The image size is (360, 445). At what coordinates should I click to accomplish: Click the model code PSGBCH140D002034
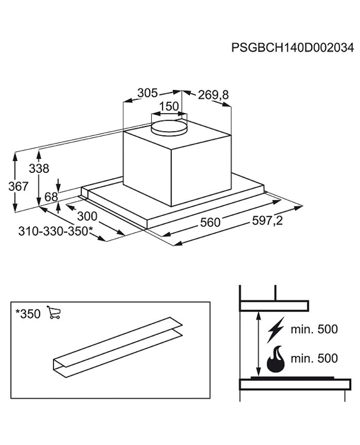[293, 48]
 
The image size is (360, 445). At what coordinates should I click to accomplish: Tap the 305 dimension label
[147, 93]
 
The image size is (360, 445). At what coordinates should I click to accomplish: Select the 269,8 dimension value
[213, 95]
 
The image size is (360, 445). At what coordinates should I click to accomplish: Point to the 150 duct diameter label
[169, 106]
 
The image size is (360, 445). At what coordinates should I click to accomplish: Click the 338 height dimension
[39, 169]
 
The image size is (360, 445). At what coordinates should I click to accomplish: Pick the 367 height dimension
[18, 186]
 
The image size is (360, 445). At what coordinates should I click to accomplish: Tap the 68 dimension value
[51, 197]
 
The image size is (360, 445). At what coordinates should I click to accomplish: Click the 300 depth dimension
[87, 217]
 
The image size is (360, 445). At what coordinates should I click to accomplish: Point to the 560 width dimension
[210, 222]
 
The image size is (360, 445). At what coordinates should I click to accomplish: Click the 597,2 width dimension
[267, 221]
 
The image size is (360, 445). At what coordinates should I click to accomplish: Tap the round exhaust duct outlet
[169, 127]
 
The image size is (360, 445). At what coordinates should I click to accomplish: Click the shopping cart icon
[53, 312]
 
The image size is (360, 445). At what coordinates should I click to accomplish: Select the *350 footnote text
[28, 314]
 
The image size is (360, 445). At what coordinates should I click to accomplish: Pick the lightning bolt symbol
[276, 330]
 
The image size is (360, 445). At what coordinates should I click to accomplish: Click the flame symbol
[276, 359]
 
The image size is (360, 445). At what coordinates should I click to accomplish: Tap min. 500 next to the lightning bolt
[314, 329]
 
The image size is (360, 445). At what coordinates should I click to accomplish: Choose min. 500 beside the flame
[314, 359]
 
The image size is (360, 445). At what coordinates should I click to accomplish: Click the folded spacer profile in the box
[118, 347]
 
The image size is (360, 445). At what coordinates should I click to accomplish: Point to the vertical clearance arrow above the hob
[258, 344]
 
